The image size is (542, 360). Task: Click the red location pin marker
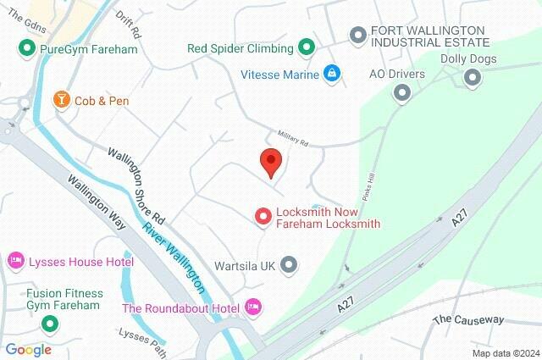click(x=270, y=160)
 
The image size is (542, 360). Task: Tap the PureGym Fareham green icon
click(x=26, y=49)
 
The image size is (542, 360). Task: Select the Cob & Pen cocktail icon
click(x=61, y=100)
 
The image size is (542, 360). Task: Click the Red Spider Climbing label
click(x=241, y=47)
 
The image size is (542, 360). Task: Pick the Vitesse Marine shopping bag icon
click(x=333, y=74)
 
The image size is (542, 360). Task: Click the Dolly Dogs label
click(x=468, y=59)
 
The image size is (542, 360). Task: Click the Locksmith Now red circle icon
click(x=263, y=217)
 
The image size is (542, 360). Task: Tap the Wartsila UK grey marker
click(x=289, y=264)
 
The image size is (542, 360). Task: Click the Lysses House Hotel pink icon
click(x=15, y=260)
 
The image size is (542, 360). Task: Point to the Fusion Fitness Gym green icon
click(x=50, y=323)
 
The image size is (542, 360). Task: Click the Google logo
click(x=28, y=349)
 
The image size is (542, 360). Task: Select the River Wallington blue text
click(x=173, y=255)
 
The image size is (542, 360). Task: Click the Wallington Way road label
click(x=97, y=202)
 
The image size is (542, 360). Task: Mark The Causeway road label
click(x=468, y=320)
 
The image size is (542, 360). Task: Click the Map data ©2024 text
click(x=506, y=353)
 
